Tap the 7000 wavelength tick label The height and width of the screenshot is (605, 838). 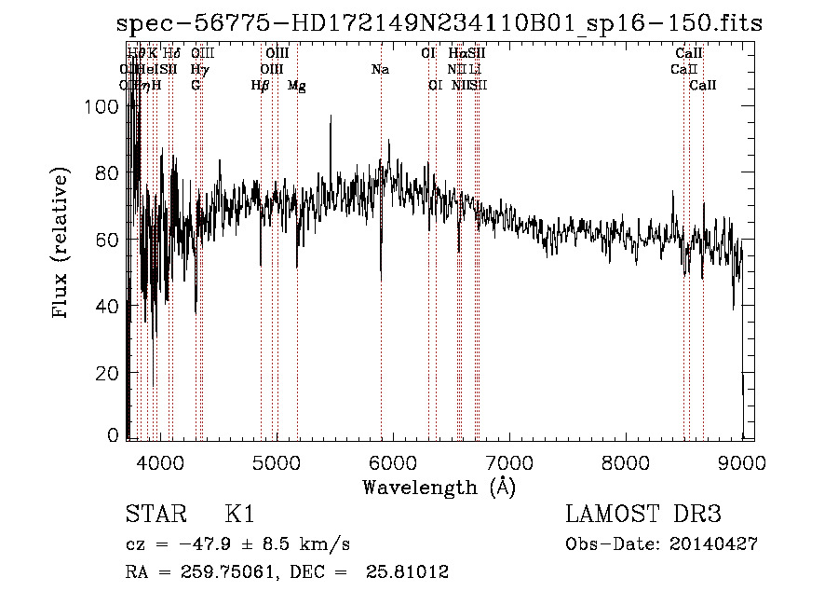508,462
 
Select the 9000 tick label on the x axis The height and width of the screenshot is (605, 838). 741,462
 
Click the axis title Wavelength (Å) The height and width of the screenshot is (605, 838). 439,487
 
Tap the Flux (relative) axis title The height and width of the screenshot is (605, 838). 62,244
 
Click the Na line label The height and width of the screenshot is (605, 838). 380,69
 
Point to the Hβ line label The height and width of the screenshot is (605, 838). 261,85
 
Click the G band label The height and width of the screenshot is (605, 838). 196,85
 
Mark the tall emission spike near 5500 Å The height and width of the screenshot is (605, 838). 330,119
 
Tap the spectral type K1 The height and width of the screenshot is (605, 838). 239,515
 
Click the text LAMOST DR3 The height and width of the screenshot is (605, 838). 643,515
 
